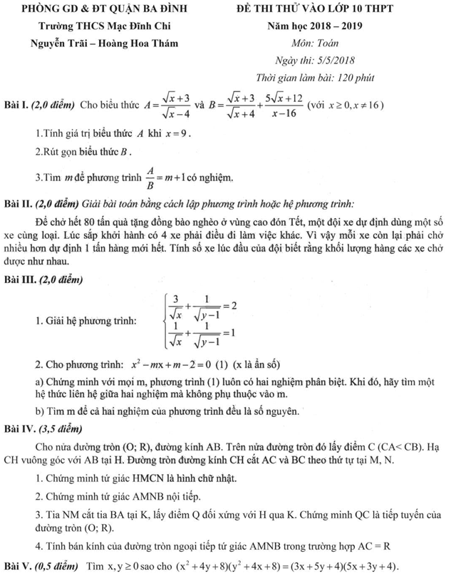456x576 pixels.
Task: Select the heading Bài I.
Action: [x=16, y=106]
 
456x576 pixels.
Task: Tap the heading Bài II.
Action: [x=17, y=202]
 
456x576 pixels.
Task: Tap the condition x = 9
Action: [x=177, y=133]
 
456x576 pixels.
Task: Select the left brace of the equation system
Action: [x=167, y=319]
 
